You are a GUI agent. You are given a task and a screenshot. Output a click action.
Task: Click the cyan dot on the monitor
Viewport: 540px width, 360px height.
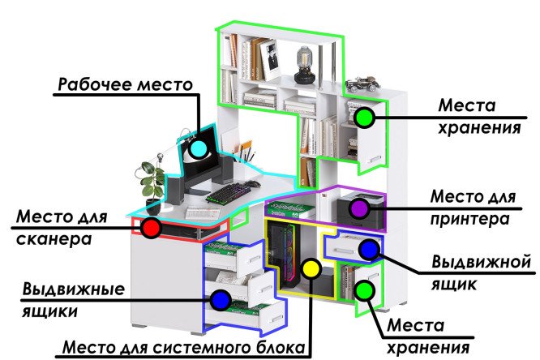point(197,148)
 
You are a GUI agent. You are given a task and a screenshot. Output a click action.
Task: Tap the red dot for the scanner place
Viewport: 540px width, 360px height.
point(150,228)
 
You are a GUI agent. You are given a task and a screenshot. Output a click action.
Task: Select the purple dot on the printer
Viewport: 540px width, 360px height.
point(359,208)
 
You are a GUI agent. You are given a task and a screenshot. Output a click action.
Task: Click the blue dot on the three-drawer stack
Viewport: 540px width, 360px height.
point(219,300)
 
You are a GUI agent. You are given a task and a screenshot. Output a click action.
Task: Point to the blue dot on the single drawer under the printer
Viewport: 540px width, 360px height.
point(369,250)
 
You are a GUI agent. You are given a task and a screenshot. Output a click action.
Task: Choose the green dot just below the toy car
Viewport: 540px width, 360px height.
point(365,118)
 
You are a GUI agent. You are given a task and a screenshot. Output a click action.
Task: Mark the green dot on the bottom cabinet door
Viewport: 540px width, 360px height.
point(365,289)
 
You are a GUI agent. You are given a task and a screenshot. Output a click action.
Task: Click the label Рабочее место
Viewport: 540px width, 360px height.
point(125,84)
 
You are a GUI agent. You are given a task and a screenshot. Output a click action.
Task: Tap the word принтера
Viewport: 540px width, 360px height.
point(470,219)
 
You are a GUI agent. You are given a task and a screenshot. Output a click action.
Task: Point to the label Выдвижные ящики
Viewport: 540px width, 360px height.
point(73,299)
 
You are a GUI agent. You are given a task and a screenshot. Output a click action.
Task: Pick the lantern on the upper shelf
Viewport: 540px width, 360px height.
point(305,65)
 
